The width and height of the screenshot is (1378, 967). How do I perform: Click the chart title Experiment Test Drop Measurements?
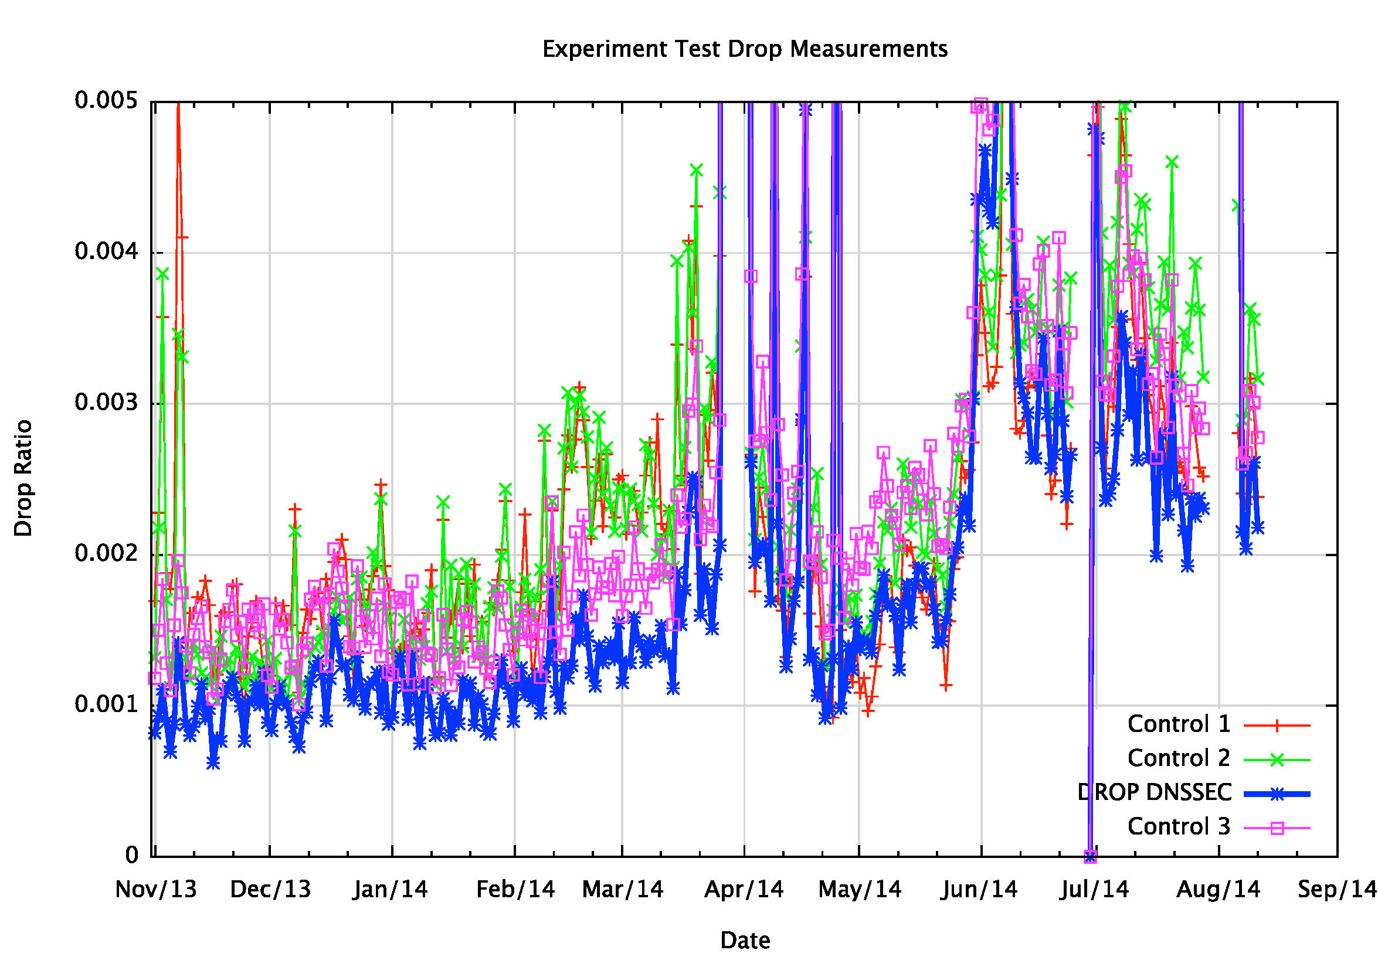pos(744,49)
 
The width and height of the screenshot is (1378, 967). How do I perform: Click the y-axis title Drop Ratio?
pos(23,478)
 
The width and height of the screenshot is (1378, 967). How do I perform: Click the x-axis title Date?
pos(745,940)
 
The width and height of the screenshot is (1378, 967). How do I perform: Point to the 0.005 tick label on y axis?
pos(106,100)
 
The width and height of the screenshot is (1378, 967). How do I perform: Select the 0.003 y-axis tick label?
pos(106,403)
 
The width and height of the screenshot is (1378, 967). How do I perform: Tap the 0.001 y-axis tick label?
pos(106,704)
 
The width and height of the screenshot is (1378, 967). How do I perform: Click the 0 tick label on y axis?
pos(131,854)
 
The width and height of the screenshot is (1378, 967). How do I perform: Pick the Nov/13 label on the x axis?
pos(156,889)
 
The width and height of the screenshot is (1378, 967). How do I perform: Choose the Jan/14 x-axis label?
pos(390,889)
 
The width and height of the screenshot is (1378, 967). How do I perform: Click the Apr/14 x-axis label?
pos(744,889)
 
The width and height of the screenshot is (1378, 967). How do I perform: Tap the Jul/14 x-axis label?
pos(1095,889)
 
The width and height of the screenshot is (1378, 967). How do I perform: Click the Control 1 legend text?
pos(1179,724)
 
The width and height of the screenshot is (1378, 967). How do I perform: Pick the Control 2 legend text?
pos(1179,758)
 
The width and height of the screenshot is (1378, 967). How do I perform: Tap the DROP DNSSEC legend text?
pos(1155,792)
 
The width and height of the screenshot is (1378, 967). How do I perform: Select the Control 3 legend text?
pos(1179,826)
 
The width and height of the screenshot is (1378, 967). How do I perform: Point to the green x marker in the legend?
pos(1277,760)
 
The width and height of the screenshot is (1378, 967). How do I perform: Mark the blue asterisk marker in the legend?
pos(1277,794)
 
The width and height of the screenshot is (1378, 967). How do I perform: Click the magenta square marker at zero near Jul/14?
pos(1091,856)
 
